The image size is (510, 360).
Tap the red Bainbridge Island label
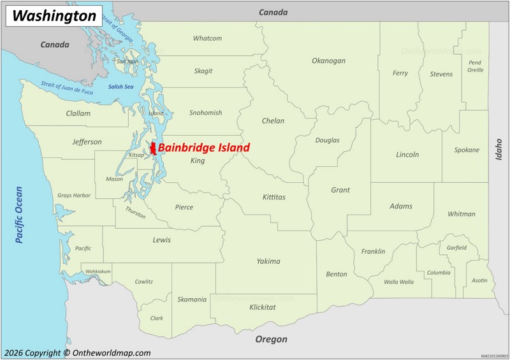point(203,148)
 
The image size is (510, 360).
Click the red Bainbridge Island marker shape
point(153,150)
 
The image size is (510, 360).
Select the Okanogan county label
point(328,61)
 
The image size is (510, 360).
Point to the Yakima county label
point(268,261)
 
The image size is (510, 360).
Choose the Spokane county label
point(467,150)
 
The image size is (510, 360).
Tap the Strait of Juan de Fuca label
point(67,88)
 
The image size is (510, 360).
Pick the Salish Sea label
point(120,87)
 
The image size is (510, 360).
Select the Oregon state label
point(271,340)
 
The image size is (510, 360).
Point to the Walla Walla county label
point(398,282)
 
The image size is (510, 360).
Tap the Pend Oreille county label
point(475,66)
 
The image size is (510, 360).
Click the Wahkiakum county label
point(98,271)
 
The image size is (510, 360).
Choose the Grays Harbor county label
point(73,195)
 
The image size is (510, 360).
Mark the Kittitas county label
point(274,197)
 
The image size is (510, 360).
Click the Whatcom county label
point(207,38)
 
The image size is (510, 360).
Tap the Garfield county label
point(456,248)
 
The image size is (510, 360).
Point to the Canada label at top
point(273,12)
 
